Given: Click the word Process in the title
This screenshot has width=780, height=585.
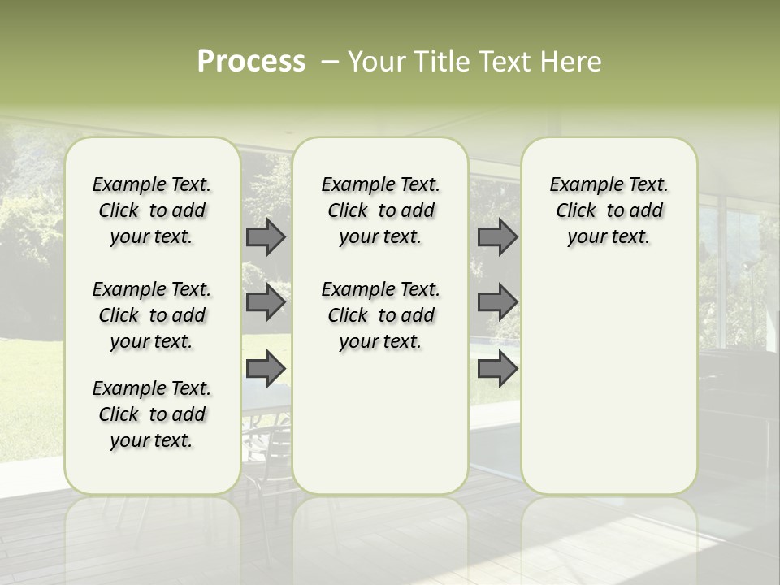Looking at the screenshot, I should (251, 62).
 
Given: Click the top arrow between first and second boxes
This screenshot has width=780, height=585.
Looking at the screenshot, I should (266, 237).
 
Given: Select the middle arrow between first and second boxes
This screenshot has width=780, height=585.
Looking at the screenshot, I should (266, 303).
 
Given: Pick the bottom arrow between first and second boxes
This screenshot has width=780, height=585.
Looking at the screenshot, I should (266, 369).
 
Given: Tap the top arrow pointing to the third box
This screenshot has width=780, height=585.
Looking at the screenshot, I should (497, 237).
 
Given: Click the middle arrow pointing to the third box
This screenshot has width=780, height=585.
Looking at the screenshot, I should (497, 303).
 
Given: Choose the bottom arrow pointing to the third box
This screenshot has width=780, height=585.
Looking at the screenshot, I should (497, 369).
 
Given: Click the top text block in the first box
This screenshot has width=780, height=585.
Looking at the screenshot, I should (152, 210).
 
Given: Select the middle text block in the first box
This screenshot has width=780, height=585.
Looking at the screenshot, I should (152, 315).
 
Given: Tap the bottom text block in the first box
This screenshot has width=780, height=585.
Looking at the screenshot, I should (152, 414).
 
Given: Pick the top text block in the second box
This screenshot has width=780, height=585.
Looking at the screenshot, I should (380, 210).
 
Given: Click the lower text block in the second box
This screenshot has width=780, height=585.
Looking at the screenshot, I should (380, 315).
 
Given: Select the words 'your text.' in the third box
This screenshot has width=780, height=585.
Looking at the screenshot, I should (609, 237).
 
